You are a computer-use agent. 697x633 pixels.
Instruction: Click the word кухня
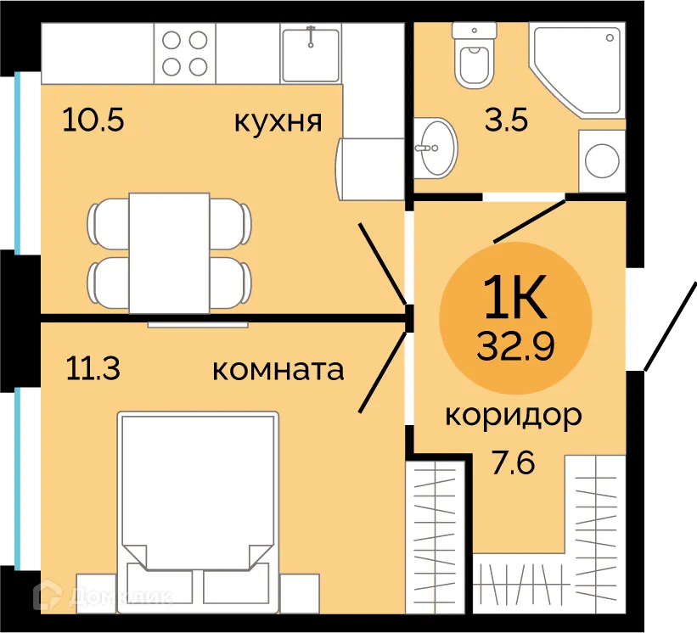point(278,121)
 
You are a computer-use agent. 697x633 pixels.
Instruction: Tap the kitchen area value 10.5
point(93,120)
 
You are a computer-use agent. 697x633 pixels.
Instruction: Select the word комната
point(278,370)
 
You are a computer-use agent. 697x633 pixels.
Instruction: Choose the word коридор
point(514,415)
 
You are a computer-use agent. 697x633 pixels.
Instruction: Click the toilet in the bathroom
point(475,56)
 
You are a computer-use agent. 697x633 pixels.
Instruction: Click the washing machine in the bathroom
point(602,160)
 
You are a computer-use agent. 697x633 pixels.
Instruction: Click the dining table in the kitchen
point(169,252)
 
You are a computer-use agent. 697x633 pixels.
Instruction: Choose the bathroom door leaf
point(530,220)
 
